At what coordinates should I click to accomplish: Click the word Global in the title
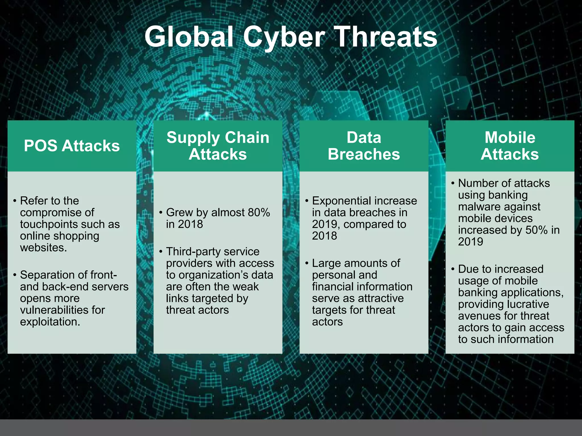[x=189, y=37]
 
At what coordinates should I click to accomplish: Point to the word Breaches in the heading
[x=364, y=154]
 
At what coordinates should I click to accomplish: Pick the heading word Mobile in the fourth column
[x=510, y=138]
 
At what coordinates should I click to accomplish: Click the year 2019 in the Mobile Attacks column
[x=470, y=242]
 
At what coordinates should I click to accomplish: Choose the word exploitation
[x=50, y=322]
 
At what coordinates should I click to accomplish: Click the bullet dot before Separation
[x=14, y=275]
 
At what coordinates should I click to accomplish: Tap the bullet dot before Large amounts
[x=307, y=263]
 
